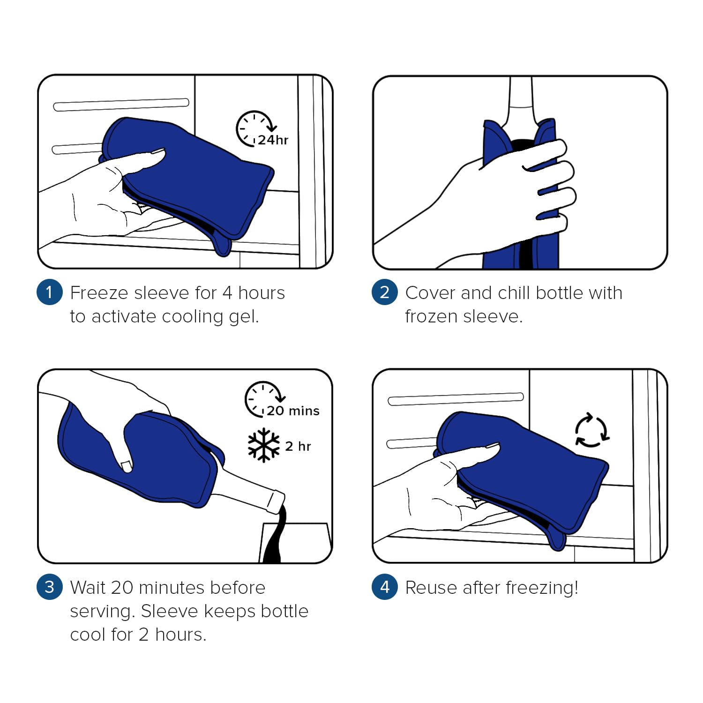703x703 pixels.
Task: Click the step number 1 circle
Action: pos(50,292)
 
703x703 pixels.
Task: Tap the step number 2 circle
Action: pos(385,292)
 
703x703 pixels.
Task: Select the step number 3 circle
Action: pos(50,587)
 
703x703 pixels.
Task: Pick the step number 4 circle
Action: pos(385,587)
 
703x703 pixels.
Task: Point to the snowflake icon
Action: pos(263,445)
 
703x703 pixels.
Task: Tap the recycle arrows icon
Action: pos(592,430)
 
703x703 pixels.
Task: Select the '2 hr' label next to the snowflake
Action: pos(298,446)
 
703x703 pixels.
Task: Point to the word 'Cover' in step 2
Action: pos(431,293)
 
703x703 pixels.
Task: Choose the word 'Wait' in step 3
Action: pos(88,588)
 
